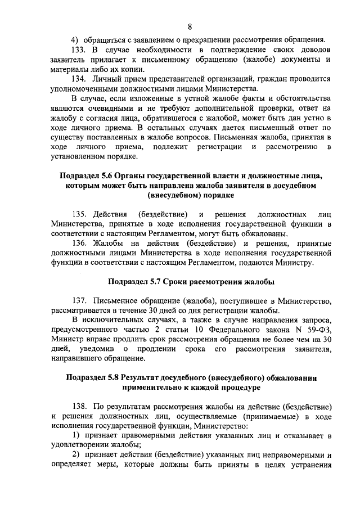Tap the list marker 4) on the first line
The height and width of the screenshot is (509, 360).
(x=73, y=40)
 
